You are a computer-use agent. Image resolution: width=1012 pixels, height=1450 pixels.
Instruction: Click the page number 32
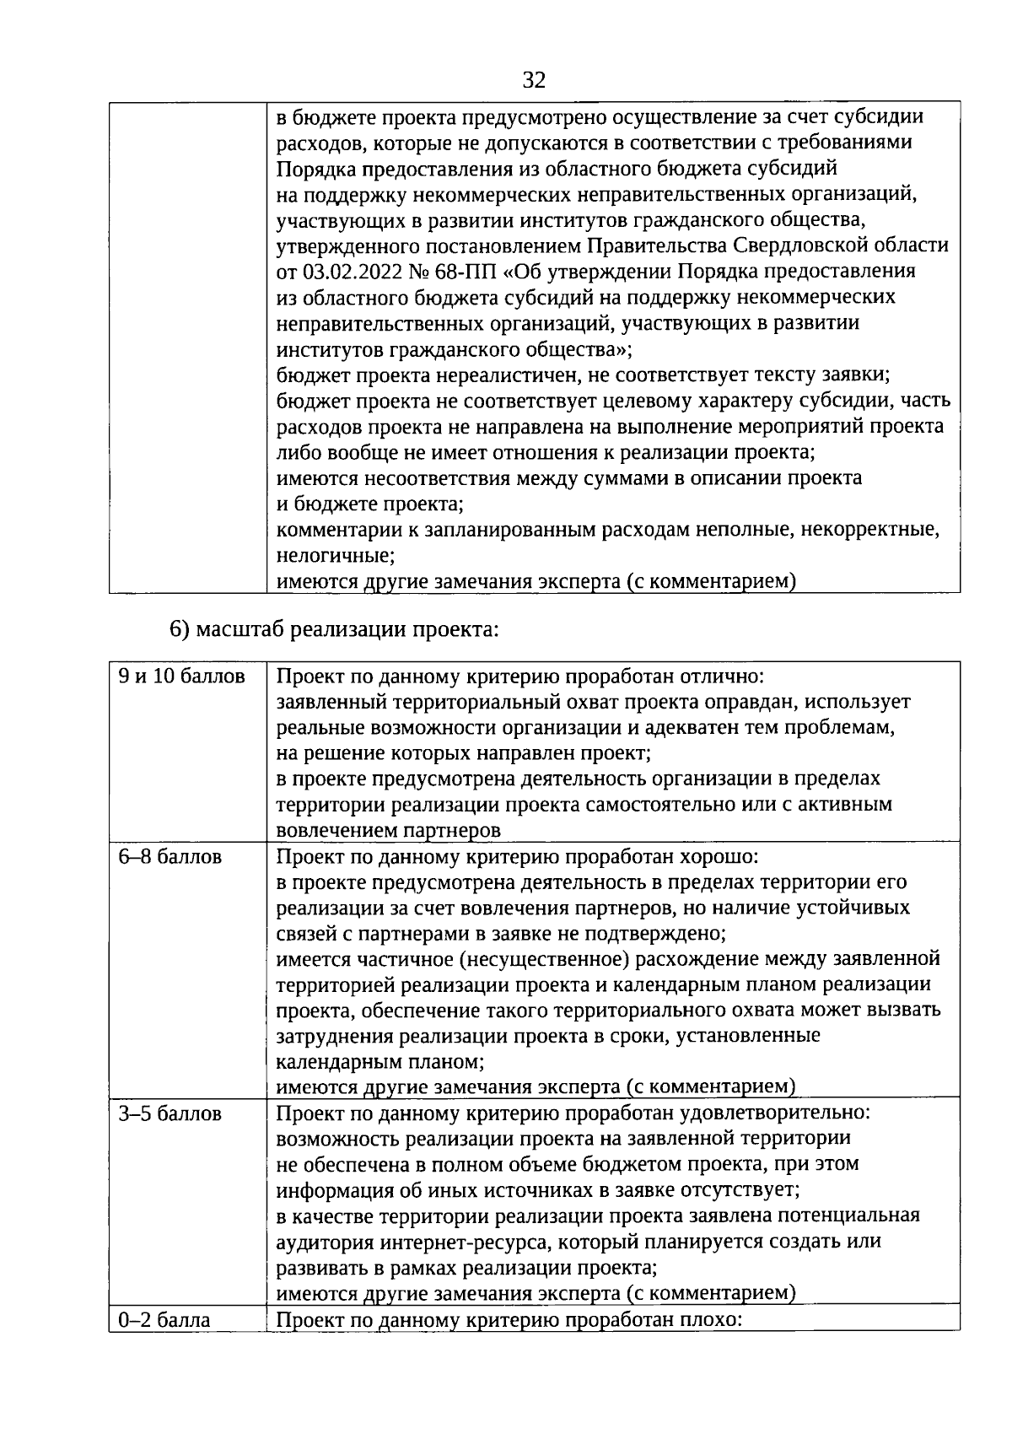coord(534,81)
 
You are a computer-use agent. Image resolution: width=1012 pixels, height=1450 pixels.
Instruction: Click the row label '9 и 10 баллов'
coord(182,676)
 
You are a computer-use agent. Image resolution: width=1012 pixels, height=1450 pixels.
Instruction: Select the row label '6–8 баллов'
coord(170,857)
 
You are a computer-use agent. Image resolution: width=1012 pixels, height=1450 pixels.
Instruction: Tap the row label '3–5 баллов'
coord(170,1113)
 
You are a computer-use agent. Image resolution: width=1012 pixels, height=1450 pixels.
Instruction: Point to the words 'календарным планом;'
coord(380,1061)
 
